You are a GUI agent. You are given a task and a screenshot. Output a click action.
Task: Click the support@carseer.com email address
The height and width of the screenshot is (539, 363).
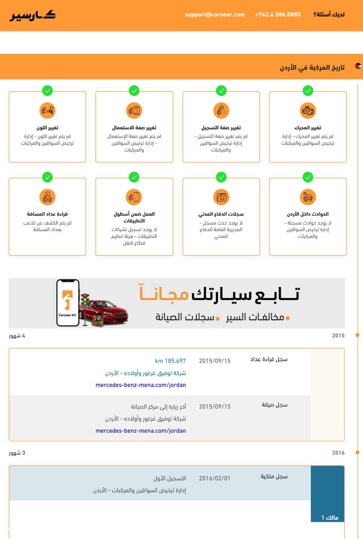[215, 15]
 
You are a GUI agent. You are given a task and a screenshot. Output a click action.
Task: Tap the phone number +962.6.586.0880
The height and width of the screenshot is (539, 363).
[278, 15]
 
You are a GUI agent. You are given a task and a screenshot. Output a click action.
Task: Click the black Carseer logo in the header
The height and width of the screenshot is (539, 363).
[33, 15]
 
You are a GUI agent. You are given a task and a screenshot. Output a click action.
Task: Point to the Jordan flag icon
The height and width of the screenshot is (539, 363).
[358, 66]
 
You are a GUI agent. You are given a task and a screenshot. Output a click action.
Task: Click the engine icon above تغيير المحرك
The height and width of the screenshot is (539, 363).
[308, 111]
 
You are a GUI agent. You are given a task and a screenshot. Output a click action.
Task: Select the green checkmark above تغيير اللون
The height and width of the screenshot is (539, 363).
[47, 91]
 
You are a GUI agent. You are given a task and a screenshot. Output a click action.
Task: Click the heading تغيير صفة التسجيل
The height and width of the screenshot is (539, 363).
[221, 128]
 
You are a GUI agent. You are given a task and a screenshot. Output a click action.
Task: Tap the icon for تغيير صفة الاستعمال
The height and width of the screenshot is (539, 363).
[134, 111]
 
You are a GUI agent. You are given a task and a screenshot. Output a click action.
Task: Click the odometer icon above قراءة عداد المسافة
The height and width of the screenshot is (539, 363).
[47, 197]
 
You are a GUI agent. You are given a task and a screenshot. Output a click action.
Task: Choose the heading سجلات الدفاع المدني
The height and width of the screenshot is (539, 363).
[221, 214]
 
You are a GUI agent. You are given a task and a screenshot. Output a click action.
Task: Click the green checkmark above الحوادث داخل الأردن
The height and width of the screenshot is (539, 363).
[308, 177]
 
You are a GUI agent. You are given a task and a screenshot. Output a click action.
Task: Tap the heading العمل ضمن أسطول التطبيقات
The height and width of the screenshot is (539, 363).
[134, 217]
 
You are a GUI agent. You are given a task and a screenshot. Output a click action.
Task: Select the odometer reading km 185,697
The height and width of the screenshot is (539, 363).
[170, 361]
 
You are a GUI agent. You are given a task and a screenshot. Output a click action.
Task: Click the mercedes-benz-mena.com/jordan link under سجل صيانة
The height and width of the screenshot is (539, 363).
[141, 431]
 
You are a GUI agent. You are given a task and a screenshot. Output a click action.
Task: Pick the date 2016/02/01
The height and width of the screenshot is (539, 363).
[214, 479]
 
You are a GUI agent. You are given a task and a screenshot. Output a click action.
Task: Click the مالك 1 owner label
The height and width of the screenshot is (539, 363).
[330, 518]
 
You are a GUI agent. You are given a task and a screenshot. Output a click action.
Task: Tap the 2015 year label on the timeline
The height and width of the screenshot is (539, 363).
[338, 336]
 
